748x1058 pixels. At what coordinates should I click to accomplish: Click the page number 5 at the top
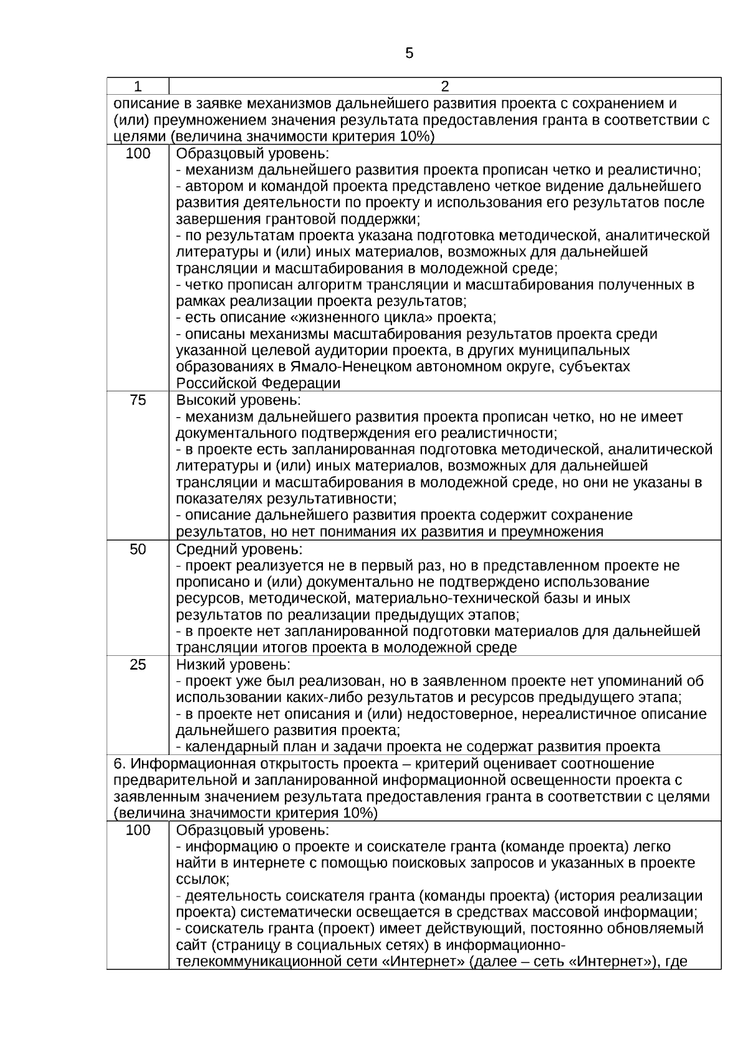tap(409, 54)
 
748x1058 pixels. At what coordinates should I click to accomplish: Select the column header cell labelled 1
tap(138, 86)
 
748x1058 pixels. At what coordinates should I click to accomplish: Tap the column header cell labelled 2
tap(444, 86)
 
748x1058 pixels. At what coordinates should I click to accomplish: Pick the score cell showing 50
tap(138, 549)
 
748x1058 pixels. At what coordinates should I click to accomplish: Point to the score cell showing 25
tap(138, 665)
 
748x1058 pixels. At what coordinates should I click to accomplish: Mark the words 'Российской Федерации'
tap(257, 383)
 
